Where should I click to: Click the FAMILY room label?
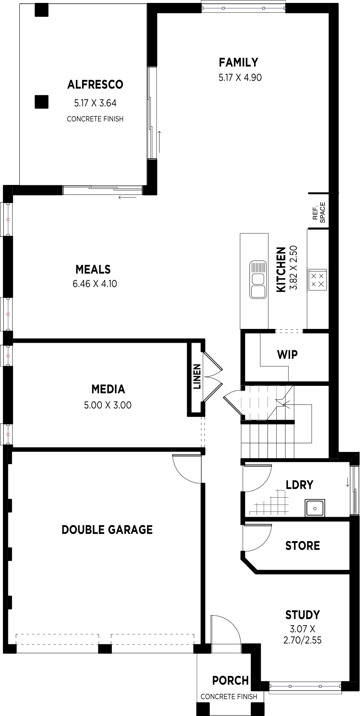pyautogui.click(x=238, y=62)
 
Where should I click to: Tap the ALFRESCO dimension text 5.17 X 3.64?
pyautogui.click(x=95, y=103)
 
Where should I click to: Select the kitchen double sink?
pyautogui.click(x=258, y=280)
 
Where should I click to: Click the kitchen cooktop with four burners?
pyautogui.click(x=317, y=280)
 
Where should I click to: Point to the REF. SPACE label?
pyautogui.click(x=319, y=213)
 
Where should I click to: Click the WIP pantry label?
pyautogui.click(x=287, y=354)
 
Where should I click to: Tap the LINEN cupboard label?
pyautogui.click(x=197, y=376)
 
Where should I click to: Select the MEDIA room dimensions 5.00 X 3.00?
pyautogui.click(x=108, y=405)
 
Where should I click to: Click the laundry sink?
pyautogui.click(x=315, y=508)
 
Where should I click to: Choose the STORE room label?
pyautogui.click(x=303, y=546)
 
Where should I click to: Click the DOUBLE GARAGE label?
pyautogui.click(x=107, y=530)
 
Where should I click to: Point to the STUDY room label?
pyautogui.click(x=303, y=615)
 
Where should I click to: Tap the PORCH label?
pyautogui.click(x=231, y=680)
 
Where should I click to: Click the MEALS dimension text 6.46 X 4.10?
pyautogui.click(x=95, y=284)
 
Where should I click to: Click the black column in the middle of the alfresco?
pyautogui.click(x=41, y=102)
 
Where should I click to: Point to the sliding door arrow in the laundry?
pyautogui.click(x=347, y=482)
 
